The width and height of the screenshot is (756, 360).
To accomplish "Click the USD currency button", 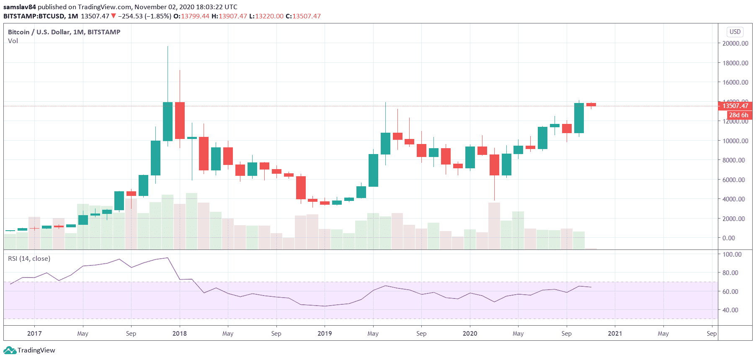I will click(735, 32).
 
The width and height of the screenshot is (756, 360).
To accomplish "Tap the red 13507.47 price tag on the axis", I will click(735, 106).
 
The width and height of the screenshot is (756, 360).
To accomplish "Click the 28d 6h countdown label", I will click(738, 115).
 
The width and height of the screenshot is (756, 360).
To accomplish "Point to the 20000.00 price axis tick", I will click(735, 44).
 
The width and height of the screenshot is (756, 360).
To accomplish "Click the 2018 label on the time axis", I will click(180, 334).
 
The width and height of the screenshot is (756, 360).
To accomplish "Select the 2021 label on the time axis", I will click(615, 334).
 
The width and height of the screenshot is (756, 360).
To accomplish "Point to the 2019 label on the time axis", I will click(325, 334).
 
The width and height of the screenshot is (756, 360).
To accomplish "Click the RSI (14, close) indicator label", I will click(29, 259).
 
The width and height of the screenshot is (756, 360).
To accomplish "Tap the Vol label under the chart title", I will click(13, 41).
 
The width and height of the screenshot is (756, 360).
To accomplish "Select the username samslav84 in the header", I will click(20, 7).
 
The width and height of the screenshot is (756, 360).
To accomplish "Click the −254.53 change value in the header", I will click(130, 16).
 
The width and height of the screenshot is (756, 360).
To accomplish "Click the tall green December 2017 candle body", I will click(168, 121).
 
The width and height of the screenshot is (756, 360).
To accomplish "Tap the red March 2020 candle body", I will click(494, 165).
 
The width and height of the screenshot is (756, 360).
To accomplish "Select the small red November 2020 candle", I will click(591, 105).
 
